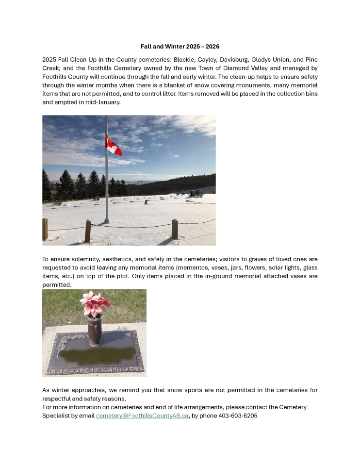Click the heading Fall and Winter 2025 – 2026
tap(180, 47)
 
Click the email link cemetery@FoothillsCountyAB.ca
tap(142, 416)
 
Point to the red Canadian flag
tap(113, 145)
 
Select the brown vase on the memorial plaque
tap(95, 331)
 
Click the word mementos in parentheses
tap(194, 268)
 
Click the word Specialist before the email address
tap(59, 416)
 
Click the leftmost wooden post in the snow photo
tap(45, 229)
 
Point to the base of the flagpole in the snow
tap(106, 222)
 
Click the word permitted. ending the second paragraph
tap(57, 285)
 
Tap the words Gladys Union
tap(271, 59)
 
